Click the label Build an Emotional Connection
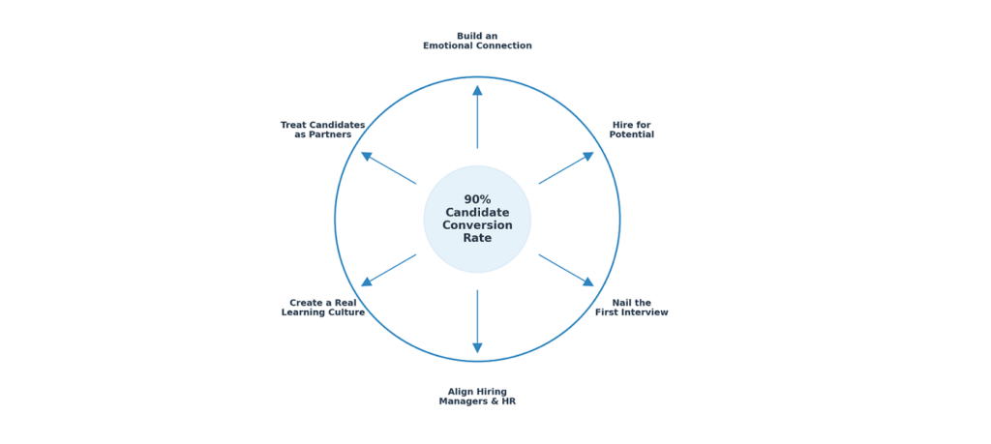tap(477, 41)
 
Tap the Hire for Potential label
tap(631, 130)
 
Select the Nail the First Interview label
tap(631, 308)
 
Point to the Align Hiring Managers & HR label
tap(477, 397)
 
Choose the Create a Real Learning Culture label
tap(323, 308)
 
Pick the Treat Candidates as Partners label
tap(323, 130)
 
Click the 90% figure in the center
tap(477, 199)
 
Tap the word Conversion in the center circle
tap(477, 225)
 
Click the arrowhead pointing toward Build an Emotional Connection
tap(477, 90)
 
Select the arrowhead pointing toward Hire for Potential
tap(588, 156)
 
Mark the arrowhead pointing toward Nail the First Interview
tap(588, 281)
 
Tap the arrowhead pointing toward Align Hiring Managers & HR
tap(477, 348)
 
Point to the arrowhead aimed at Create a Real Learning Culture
tap(367, 281)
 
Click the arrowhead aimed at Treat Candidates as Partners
tap(367, 156)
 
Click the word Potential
tap(631, 134)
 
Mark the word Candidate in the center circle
tap(477, 213)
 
